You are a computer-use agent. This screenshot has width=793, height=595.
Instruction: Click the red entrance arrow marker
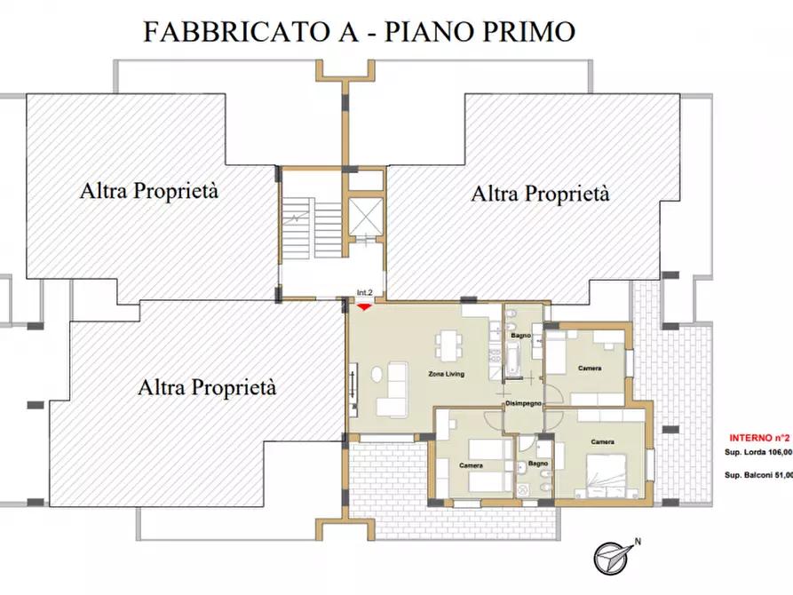click(364, 307)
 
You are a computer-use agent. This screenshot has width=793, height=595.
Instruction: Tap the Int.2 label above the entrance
click(364, 292)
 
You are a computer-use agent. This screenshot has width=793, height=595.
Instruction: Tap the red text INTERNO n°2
click(759, 437)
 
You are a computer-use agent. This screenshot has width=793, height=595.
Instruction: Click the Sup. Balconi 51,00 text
click(757, 476)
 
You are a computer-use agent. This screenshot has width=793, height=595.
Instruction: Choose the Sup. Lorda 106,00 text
click(757, 453)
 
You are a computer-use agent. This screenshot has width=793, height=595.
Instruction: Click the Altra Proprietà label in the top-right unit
click(540, 194)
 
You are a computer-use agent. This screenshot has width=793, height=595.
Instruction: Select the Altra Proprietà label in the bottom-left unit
click(207, 387)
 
